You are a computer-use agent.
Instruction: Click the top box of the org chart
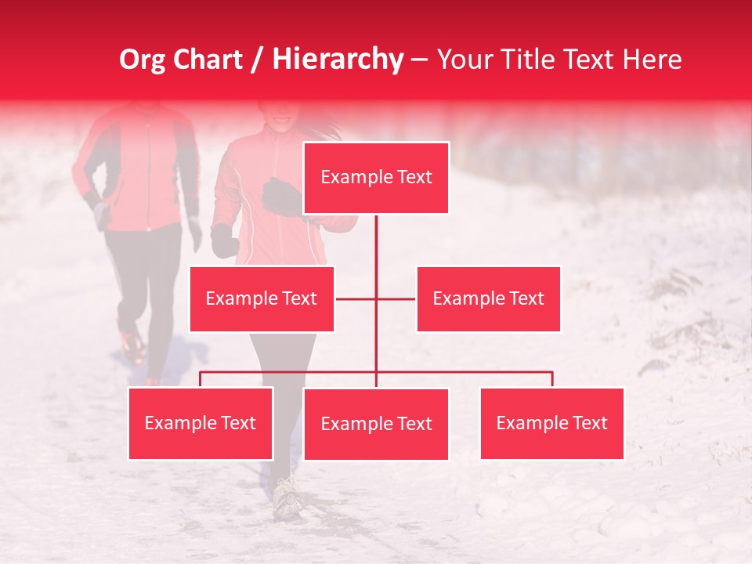point(376,178)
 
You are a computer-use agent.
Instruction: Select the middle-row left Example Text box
point(262,298)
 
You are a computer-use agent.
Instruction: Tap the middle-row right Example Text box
point(488,298)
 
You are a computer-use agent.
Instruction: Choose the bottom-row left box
point(201,423)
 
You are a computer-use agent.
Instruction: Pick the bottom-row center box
point(376,424)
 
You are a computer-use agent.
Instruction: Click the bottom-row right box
point(551,423)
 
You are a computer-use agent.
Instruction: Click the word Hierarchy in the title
point(338,60)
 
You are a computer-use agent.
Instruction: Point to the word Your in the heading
point(465,60)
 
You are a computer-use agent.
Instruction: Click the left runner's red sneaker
point(132,345)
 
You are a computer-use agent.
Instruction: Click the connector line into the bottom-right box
point(551,379)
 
